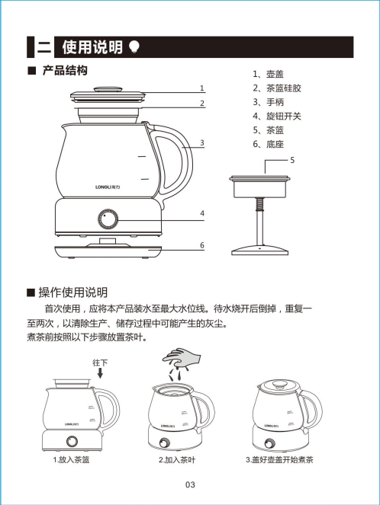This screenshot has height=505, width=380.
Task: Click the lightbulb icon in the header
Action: pyautogui.click(x=134, y=47)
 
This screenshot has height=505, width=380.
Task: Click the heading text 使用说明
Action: pyautogui.click(x=92, y=48)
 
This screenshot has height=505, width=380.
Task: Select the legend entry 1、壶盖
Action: pyautogui.click(x=269, y=75)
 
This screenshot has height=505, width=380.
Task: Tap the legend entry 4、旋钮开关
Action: pyautogui.click(x=277, y=116)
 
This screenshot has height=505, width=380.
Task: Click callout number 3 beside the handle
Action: pyautogui.click(x=202, y=142)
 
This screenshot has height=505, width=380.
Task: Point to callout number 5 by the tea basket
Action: pyautogui.click(x=291, y=161)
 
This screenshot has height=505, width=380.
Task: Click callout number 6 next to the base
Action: pyautogui.click(x=202, y=245)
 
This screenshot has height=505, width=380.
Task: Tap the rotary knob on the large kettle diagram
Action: pyautogui.click(x=104, y=219)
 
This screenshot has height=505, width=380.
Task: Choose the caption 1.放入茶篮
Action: pyautogui.click(x=74, y=461)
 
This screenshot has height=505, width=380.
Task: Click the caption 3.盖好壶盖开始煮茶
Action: pyautogui.click(x=280, y=461)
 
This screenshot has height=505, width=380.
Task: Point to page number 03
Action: pyautogui.click(x=190, y=485)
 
